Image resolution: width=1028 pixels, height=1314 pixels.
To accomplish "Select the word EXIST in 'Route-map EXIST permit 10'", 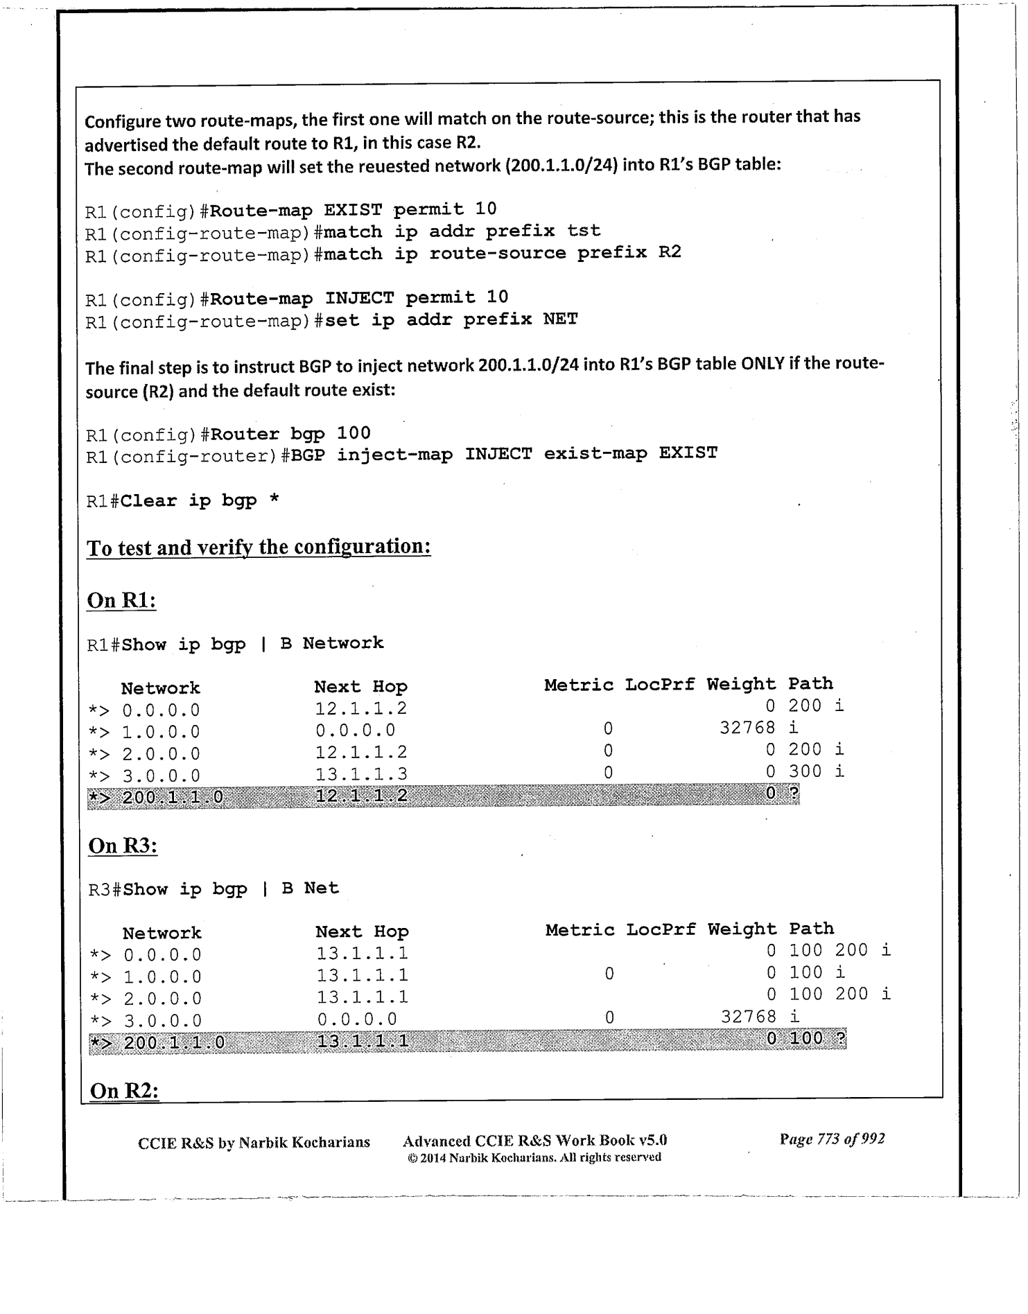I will click(x=353, y=209).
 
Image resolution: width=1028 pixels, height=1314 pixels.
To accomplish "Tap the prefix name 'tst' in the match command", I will click(x=584, y=230).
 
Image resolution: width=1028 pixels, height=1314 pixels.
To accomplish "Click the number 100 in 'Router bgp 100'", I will click(x=354, y=433).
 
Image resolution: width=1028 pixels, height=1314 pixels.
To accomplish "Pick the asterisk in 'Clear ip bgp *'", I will click(x=275, y=500).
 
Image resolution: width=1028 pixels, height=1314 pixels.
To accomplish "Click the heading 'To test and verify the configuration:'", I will click(x=259, y=547).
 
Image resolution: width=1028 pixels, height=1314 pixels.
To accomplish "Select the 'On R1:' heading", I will click(x=121, y=600).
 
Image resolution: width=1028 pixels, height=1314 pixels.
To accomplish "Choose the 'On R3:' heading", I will click(x=123, y=846).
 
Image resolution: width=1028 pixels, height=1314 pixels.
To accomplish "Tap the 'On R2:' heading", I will click(x=125, y=1091).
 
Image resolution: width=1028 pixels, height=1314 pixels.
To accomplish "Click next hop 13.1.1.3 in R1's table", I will click(x=361, y=774).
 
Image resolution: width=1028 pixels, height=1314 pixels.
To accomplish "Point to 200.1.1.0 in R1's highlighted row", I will click(x=173, y=797).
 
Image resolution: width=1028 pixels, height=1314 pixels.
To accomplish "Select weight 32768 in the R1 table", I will click(x=747, y=728).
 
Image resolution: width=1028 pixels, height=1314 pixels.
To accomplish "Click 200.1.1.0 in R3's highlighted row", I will click(x=174, y=1042).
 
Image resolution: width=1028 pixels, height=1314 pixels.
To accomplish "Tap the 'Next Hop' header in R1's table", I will click(x=360, y=687).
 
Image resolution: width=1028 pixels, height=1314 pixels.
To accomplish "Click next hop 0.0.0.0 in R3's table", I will click(x=357, y=1019).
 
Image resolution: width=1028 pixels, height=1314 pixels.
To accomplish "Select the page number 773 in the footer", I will click(x=828, y=1139).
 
